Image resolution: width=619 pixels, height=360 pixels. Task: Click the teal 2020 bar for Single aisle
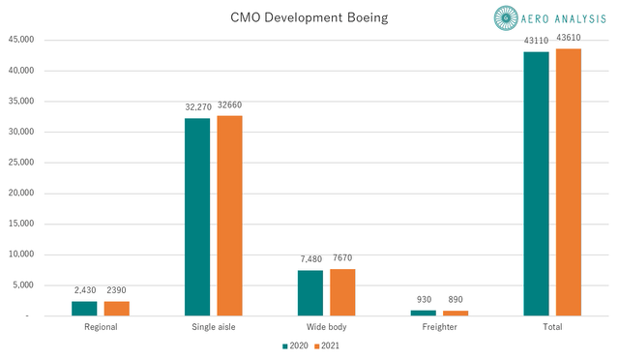(196, 217)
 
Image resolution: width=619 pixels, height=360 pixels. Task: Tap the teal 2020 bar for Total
(536, 184)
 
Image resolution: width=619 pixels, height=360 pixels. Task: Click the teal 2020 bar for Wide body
(309, 293)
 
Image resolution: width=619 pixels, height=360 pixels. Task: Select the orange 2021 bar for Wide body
(342, 292)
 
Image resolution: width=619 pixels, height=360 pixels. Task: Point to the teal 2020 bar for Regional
(84, 309)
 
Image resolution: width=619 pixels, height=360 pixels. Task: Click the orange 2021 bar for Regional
(117, 309)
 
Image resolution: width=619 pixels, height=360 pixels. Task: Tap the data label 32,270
(196, 108)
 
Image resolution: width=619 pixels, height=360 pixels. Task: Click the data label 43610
(568, 38)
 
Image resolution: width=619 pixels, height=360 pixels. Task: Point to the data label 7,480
(309, 260)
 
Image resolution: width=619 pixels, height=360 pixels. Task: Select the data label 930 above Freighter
(423, 301)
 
